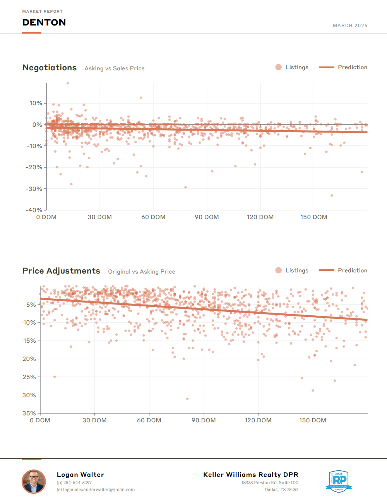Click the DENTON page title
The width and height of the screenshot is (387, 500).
pyautogui.click(x=44, y=22)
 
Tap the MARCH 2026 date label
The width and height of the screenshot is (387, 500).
pyautogui.click(x=350, y=26)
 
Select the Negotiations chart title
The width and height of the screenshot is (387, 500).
pyautogui.click(x=50, y=68)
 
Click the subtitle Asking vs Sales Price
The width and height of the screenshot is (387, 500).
pyautogui.click(x=115, y=68)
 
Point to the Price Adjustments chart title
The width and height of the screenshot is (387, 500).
pyautogui.click(x=61, y=271)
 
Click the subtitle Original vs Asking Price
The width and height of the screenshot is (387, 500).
pyautogui.click(x=142, y=272)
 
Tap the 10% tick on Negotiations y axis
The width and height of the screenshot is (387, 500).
pyautogui.click(x=36, y=103)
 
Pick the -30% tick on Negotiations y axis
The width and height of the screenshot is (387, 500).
pyautogui.click(x=34, y=189)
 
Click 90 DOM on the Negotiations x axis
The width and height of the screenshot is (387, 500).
pyautogui.click(x=207, y=217)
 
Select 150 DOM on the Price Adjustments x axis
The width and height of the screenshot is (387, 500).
pyautogui.click(x=313, y=420)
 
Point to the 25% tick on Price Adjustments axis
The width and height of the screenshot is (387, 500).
pyautogui.click(x=29, y=377)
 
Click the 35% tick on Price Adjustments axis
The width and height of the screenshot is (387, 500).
pyautogui.click(x=29, y=413)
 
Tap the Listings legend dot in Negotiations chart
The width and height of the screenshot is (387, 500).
pyautogui.click(x=279, y=67)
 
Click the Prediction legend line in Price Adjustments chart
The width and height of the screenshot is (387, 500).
pyautogui.click(x=326, y=270)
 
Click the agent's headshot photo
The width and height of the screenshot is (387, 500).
pyautogui.click(x=34, y=481)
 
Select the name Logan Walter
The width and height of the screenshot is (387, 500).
pyautogui.click(x=80, y=474)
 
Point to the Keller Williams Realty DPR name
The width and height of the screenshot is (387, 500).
pyautogui.click(x=251, y=474)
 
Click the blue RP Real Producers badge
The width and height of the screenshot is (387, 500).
pyautogui.click(x=339, y=481)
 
